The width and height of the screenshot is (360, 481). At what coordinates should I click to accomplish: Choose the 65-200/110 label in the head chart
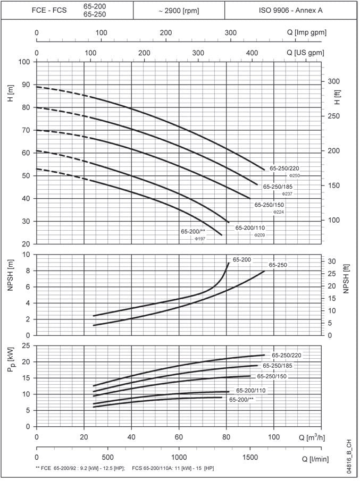(250, 227)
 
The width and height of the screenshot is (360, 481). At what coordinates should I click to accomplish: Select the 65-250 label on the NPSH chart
(278, 265)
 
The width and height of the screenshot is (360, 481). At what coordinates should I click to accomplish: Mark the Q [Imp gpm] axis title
(312, 33)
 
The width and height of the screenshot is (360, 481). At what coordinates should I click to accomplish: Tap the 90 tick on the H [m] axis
(26, 85)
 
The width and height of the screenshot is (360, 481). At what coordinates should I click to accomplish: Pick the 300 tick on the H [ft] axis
(333, 81)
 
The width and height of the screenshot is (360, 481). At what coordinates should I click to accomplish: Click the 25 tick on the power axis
(26, 345)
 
